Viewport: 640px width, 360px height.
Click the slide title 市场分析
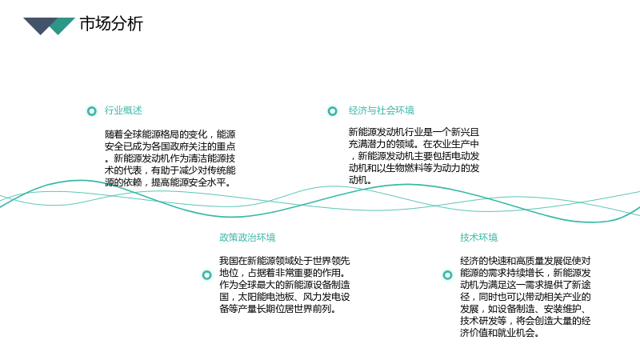[111, 24]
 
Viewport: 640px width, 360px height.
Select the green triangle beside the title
[62, 26]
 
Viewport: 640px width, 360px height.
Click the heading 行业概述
[123, 110]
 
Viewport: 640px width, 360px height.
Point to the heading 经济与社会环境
[382, 110]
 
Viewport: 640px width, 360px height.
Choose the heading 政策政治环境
[247, 237]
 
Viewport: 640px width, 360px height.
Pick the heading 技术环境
[478, 237]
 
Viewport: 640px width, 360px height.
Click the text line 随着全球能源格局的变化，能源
[170, 134]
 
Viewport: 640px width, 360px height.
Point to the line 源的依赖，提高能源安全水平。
[168, 182]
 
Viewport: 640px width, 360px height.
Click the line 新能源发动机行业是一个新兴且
[414, 132]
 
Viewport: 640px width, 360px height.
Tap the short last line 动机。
[360, 179]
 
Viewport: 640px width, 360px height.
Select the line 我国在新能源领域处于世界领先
[285, 261]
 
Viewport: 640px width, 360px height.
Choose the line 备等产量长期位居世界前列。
[278, 309]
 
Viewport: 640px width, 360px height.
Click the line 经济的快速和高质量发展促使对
[526, 261]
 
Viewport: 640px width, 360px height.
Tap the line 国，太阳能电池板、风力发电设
[285, 297]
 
